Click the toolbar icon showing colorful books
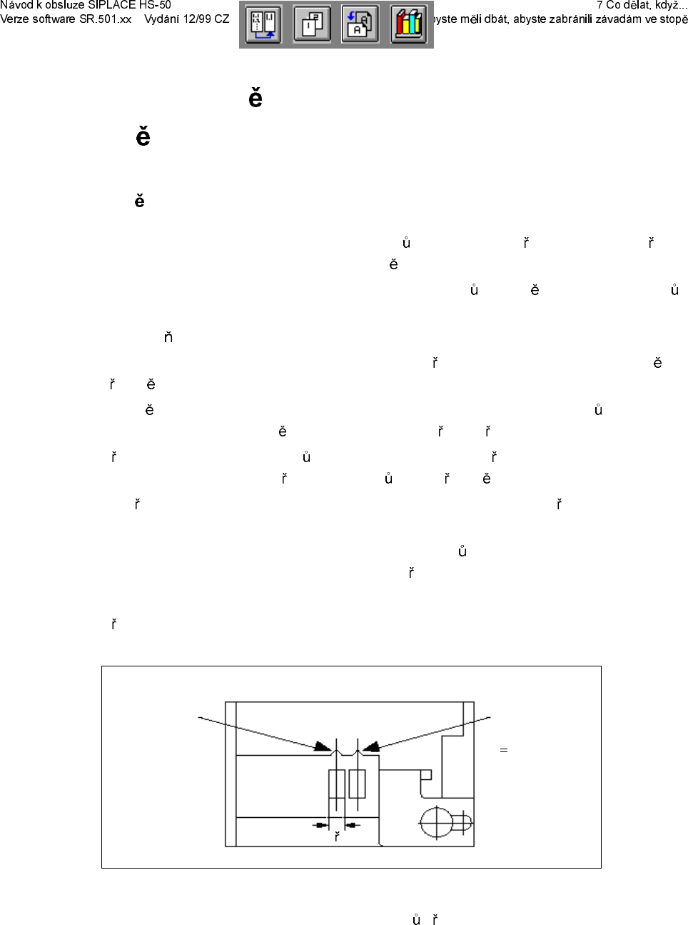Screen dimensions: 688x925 [x=408, y=24]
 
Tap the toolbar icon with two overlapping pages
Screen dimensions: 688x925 [x=313, y=24]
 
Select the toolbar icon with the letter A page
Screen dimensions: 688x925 [x=360, y=24]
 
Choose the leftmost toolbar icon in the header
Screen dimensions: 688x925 [x=263, y=24]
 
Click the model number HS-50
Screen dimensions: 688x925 [x=155, y=5]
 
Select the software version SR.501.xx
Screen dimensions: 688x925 [x=104, y=19]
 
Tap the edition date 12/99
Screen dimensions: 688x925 [x=198, y=19]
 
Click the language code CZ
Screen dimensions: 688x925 [x=222, y=19]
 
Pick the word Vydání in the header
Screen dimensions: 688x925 [x=162, y=19]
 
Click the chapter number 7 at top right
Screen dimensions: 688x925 [x=600, y=5]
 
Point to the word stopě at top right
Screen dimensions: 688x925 [x=674, y=19]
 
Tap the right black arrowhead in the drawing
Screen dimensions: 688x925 [x=371, y=746]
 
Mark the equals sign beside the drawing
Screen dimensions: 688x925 [x=504, y=750]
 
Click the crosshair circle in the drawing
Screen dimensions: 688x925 [x=437, y=823]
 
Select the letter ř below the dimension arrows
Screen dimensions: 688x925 [x=337, y=836]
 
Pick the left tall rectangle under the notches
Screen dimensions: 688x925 [x=336, y=784]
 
